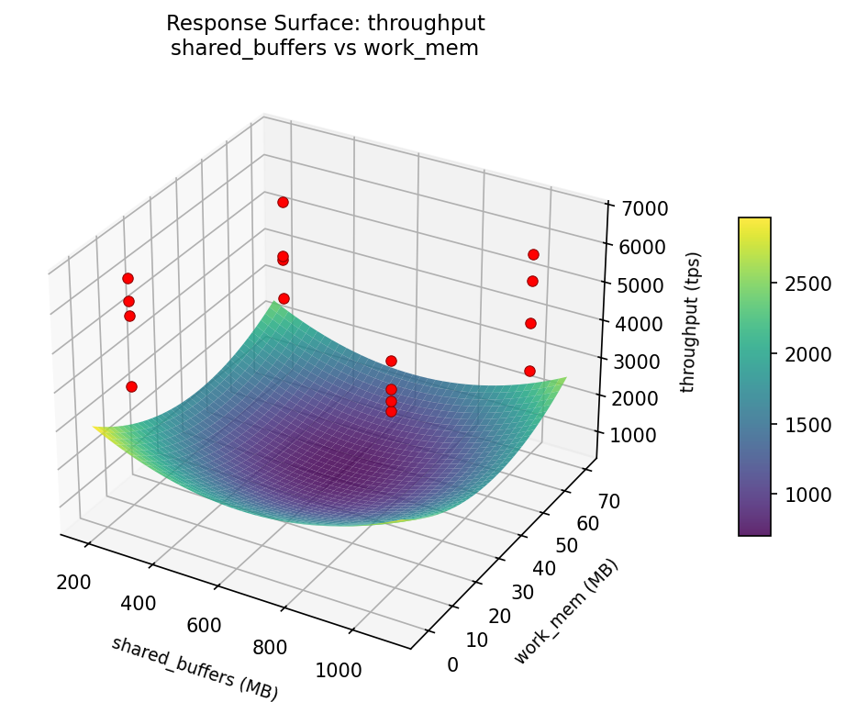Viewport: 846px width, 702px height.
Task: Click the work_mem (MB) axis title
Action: [x=566, y=611]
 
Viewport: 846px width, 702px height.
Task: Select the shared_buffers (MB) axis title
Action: [x=195, y=668]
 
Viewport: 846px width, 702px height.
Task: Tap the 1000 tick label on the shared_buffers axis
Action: [x=339, y=670]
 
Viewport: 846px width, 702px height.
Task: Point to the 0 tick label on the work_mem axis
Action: [x=452, y=664]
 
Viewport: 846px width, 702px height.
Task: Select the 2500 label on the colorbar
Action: [x=807, y=284]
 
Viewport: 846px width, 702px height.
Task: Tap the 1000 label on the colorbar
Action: [x=807, y=495]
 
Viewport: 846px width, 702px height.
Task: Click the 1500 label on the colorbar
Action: [x=807, y=424]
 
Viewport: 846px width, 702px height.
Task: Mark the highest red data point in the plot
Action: [x=283, y=202]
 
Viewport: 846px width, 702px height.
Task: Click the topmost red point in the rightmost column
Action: [x=533, y=254]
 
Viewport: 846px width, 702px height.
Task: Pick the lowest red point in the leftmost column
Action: [x=131, y=386]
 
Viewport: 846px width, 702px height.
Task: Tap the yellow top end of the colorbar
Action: [x=754, y=222]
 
